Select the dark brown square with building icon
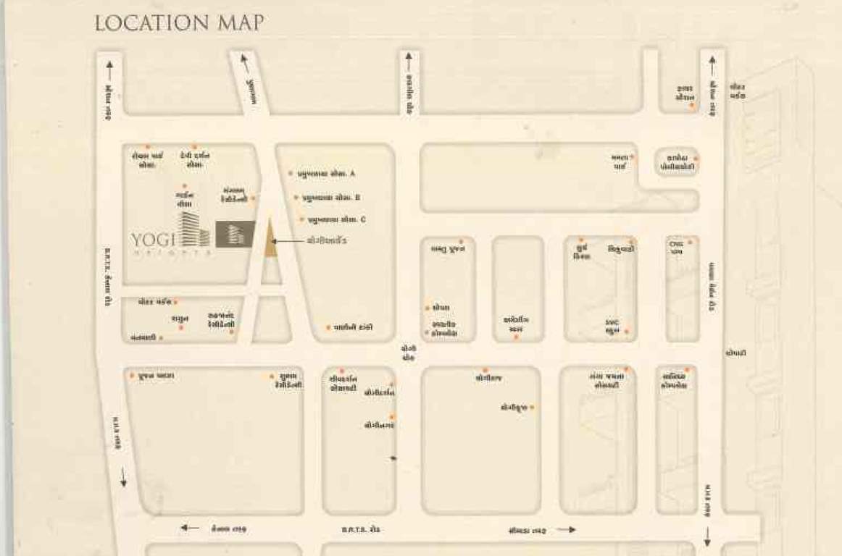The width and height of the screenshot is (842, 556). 235,234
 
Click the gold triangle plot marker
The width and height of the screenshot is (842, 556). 270,240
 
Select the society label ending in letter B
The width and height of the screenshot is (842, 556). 332,197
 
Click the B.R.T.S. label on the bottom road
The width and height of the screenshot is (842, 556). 360,530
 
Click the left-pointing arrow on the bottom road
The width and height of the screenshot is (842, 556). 189,528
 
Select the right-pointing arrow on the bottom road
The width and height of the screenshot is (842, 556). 567,529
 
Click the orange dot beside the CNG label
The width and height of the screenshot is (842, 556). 690,243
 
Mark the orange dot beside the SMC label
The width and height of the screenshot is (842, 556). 626,332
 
